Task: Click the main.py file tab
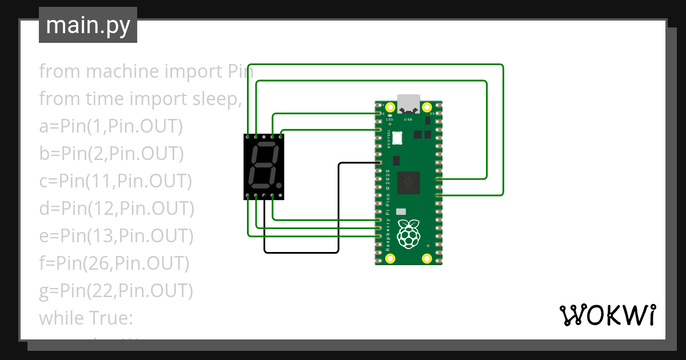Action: pyautogui.click(x=87, y=26)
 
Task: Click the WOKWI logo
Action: pyautogui.click(x=607, y=315)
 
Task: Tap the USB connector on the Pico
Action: pyautogui.click(x=408, y=103)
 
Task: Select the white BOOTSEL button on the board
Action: pyautogui.click(x=397, y=138)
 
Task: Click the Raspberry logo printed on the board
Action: pyautogui.click(x=408, y=235)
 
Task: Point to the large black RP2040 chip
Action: pyautogui.click(x=408, y=182)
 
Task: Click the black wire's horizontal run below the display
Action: pyautogui.click(x=301, y=252)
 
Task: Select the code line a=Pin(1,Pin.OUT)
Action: pyautogui.click(x=111, y=126)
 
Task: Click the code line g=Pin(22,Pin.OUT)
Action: pyautogui.click(x=116, y=291)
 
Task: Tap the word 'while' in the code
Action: pyautogui.click(x=61, y=318)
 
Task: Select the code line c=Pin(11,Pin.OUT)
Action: pyautogui.click(x=115, y=181)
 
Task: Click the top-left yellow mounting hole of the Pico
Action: pyautogui.click(x=390, y=107)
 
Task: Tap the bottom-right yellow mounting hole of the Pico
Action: pyautogui.click(x=426, y=258)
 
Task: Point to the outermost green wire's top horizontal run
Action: pyautogui.click(x=374, y=65)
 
